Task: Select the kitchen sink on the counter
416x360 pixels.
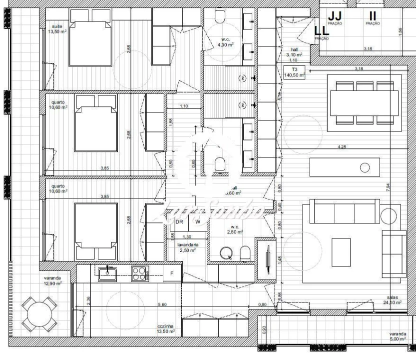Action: click(107, 272)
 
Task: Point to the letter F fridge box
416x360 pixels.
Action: click(172, 273)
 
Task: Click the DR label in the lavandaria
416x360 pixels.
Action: click(179, 221)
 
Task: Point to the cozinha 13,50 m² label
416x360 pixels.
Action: click(166, 328)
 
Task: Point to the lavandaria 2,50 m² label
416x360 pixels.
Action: click(188, 247)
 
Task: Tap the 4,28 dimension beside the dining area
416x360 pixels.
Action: click(342, 147)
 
